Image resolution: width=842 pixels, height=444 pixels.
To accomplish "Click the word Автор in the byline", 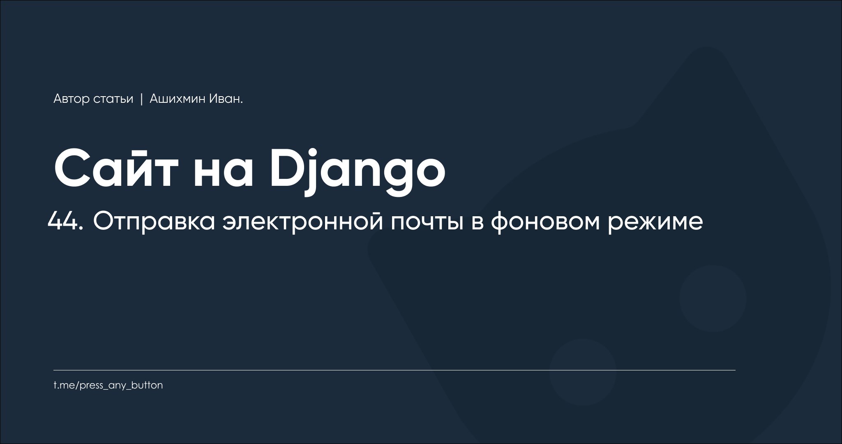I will tap(72, 99).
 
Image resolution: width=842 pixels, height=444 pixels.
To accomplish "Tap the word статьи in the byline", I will tap(113, 99).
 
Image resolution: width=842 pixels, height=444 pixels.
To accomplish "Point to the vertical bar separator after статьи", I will tap(141, 99).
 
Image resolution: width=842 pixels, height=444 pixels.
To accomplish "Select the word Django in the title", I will tap(358, 171).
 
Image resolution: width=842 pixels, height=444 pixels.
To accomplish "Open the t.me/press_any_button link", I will tap(108, 386).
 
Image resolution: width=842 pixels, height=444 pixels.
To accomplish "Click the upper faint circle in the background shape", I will tap(713, 298).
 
